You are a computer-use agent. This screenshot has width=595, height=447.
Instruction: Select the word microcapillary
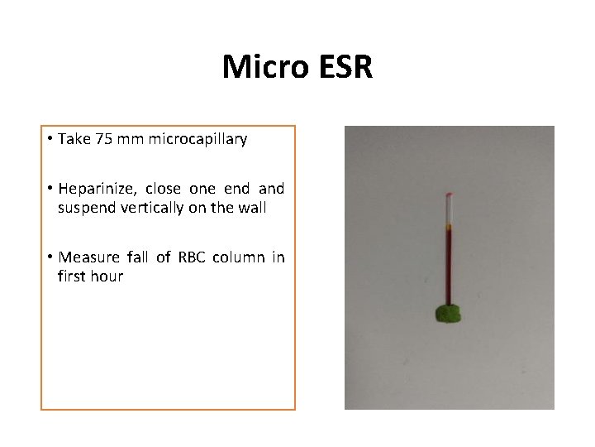click(x=199, y=140)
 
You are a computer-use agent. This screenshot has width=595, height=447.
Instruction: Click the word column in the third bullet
click(x=235, y=257)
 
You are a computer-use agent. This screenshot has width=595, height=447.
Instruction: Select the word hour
click(x=107, y=276)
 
